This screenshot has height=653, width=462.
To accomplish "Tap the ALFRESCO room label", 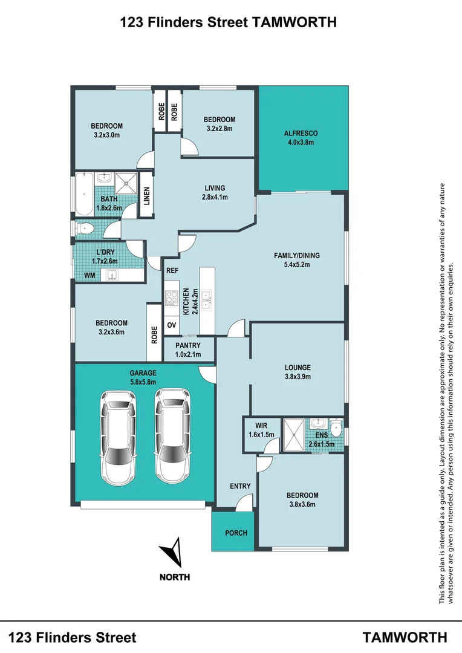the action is click(301, 133).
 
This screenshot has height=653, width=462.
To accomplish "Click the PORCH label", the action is click(236, 533).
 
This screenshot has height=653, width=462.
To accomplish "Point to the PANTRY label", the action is click(188, 345).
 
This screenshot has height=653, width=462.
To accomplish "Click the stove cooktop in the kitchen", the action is click(172, 297).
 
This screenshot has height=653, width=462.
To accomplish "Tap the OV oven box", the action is click(172, 325).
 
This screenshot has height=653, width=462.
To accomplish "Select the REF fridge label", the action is click(172, 270).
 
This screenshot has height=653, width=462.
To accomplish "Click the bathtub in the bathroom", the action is click(84, 195).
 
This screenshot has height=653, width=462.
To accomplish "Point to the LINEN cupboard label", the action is click(146, 196).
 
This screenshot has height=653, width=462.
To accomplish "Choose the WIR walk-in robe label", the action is click(261, 426).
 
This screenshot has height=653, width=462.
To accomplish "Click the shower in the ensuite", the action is click(294, 435).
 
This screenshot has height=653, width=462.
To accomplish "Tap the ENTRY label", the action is click(241, 486).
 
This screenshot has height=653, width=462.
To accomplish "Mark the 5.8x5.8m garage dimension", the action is click(143, 382).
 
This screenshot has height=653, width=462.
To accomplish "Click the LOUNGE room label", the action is click(298, 368).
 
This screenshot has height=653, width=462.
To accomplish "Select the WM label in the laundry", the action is click(89, 275).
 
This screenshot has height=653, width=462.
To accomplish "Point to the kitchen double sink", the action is click(206, 301).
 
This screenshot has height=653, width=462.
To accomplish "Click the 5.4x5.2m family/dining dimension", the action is click(297, 264).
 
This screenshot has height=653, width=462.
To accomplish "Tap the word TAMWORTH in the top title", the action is click(293, 22).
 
